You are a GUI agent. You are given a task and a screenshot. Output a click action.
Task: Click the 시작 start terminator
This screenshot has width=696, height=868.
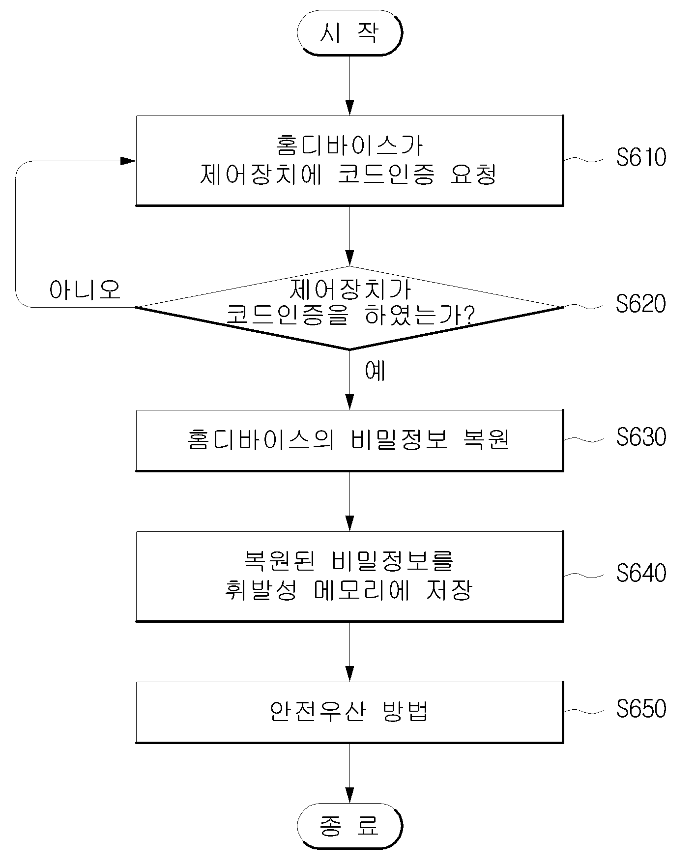point(349,32)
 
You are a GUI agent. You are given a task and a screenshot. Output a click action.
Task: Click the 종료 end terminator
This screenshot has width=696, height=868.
point(349,826)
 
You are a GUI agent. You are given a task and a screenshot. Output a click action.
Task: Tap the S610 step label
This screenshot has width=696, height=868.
point(641,157)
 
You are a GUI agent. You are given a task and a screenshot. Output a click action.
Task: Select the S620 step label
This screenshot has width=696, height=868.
point(641,304)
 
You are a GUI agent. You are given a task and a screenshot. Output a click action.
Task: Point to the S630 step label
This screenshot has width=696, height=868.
point(641,436)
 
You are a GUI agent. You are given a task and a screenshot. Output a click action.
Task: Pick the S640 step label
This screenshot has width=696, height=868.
point(641,573)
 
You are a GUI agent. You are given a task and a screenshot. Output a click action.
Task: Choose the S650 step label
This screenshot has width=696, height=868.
point(641,708)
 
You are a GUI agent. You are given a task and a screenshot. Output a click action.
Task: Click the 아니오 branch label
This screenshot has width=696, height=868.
point(85,290)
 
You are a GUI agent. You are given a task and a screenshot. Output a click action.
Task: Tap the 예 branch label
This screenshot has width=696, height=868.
point(376,371)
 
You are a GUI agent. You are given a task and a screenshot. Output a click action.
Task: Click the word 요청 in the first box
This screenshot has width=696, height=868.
point(473,174)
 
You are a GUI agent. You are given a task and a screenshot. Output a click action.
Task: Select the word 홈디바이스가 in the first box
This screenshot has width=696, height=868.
point(349,145)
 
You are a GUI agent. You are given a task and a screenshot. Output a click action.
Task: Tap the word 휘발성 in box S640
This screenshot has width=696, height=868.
point(261,590)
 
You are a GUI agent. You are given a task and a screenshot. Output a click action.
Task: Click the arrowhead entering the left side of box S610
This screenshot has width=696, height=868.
point(129,161)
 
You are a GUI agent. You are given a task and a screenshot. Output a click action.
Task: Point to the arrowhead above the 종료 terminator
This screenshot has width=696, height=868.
point(349,795)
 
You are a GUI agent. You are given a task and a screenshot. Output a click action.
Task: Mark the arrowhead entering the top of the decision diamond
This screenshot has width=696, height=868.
point(349,259)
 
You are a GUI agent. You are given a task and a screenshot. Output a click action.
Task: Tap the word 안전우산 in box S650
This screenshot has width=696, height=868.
point(317,711)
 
